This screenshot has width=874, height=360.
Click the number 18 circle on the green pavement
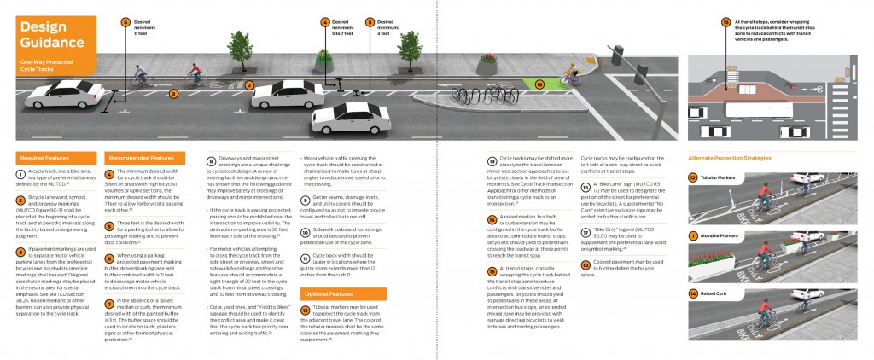pyautogui.click(x=539, y=84)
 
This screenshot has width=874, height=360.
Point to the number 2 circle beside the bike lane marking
pyautogui.click(x=250, y=85)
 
